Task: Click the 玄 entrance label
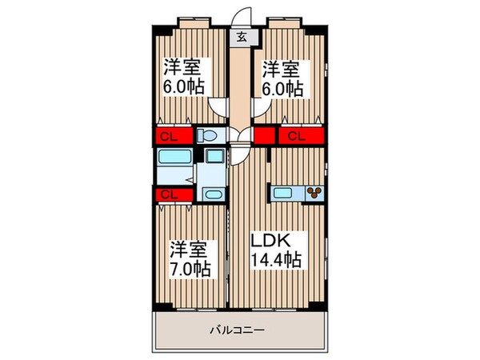pyautogui.click(x=240, y=35)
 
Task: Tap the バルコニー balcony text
pyautogui.click(x=238, y=329)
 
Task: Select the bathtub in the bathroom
pyautogui.click(x=174, y=156)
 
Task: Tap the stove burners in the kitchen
pyautogui.click(x=315, y=191)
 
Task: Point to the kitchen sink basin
pyautogui.click(x=283, y=191)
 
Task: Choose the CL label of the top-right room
pyautogui.click(x=296, y=136)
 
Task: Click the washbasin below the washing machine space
pyautogui.click(x=213, y=194)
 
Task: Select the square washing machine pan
pyautogui.click(x=214, y=157)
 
